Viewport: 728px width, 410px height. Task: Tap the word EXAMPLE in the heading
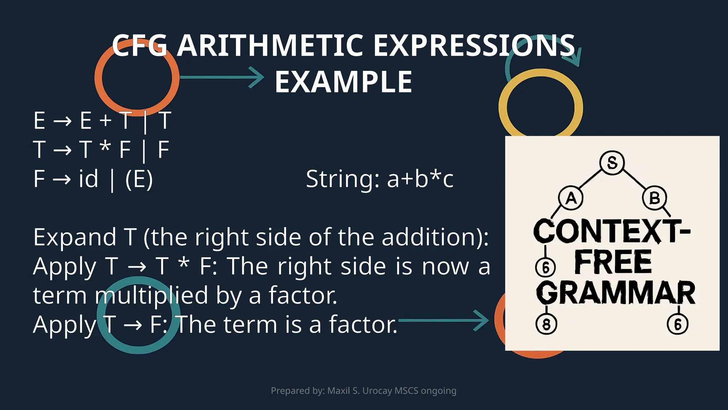coord(343,82)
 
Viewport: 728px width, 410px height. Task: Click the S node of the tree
coord(612,163)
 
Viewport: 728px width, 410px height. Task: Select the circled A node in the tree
coord(571,198)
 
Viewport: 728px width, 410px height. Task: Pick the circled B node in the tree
coord(654,198)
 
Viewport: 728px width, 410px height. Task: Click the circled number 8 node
coord(546,324)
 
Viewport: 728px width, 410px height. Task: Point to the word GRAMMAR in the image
coord(615,293)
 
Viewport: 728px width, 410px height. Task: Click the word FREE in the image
coord(613,262)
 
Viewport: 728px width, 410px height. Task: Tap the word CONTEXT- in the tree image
coord(611,231)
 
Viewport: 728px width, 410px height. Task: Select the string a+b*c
coord(420,179)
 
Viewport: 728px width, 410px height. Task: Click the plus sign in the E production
coord(106,120)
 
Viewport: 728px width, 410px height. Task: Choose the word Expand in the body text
coord(75,237)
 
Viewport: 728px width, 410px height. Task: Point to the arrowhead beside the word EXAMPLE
coord(257,77)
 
